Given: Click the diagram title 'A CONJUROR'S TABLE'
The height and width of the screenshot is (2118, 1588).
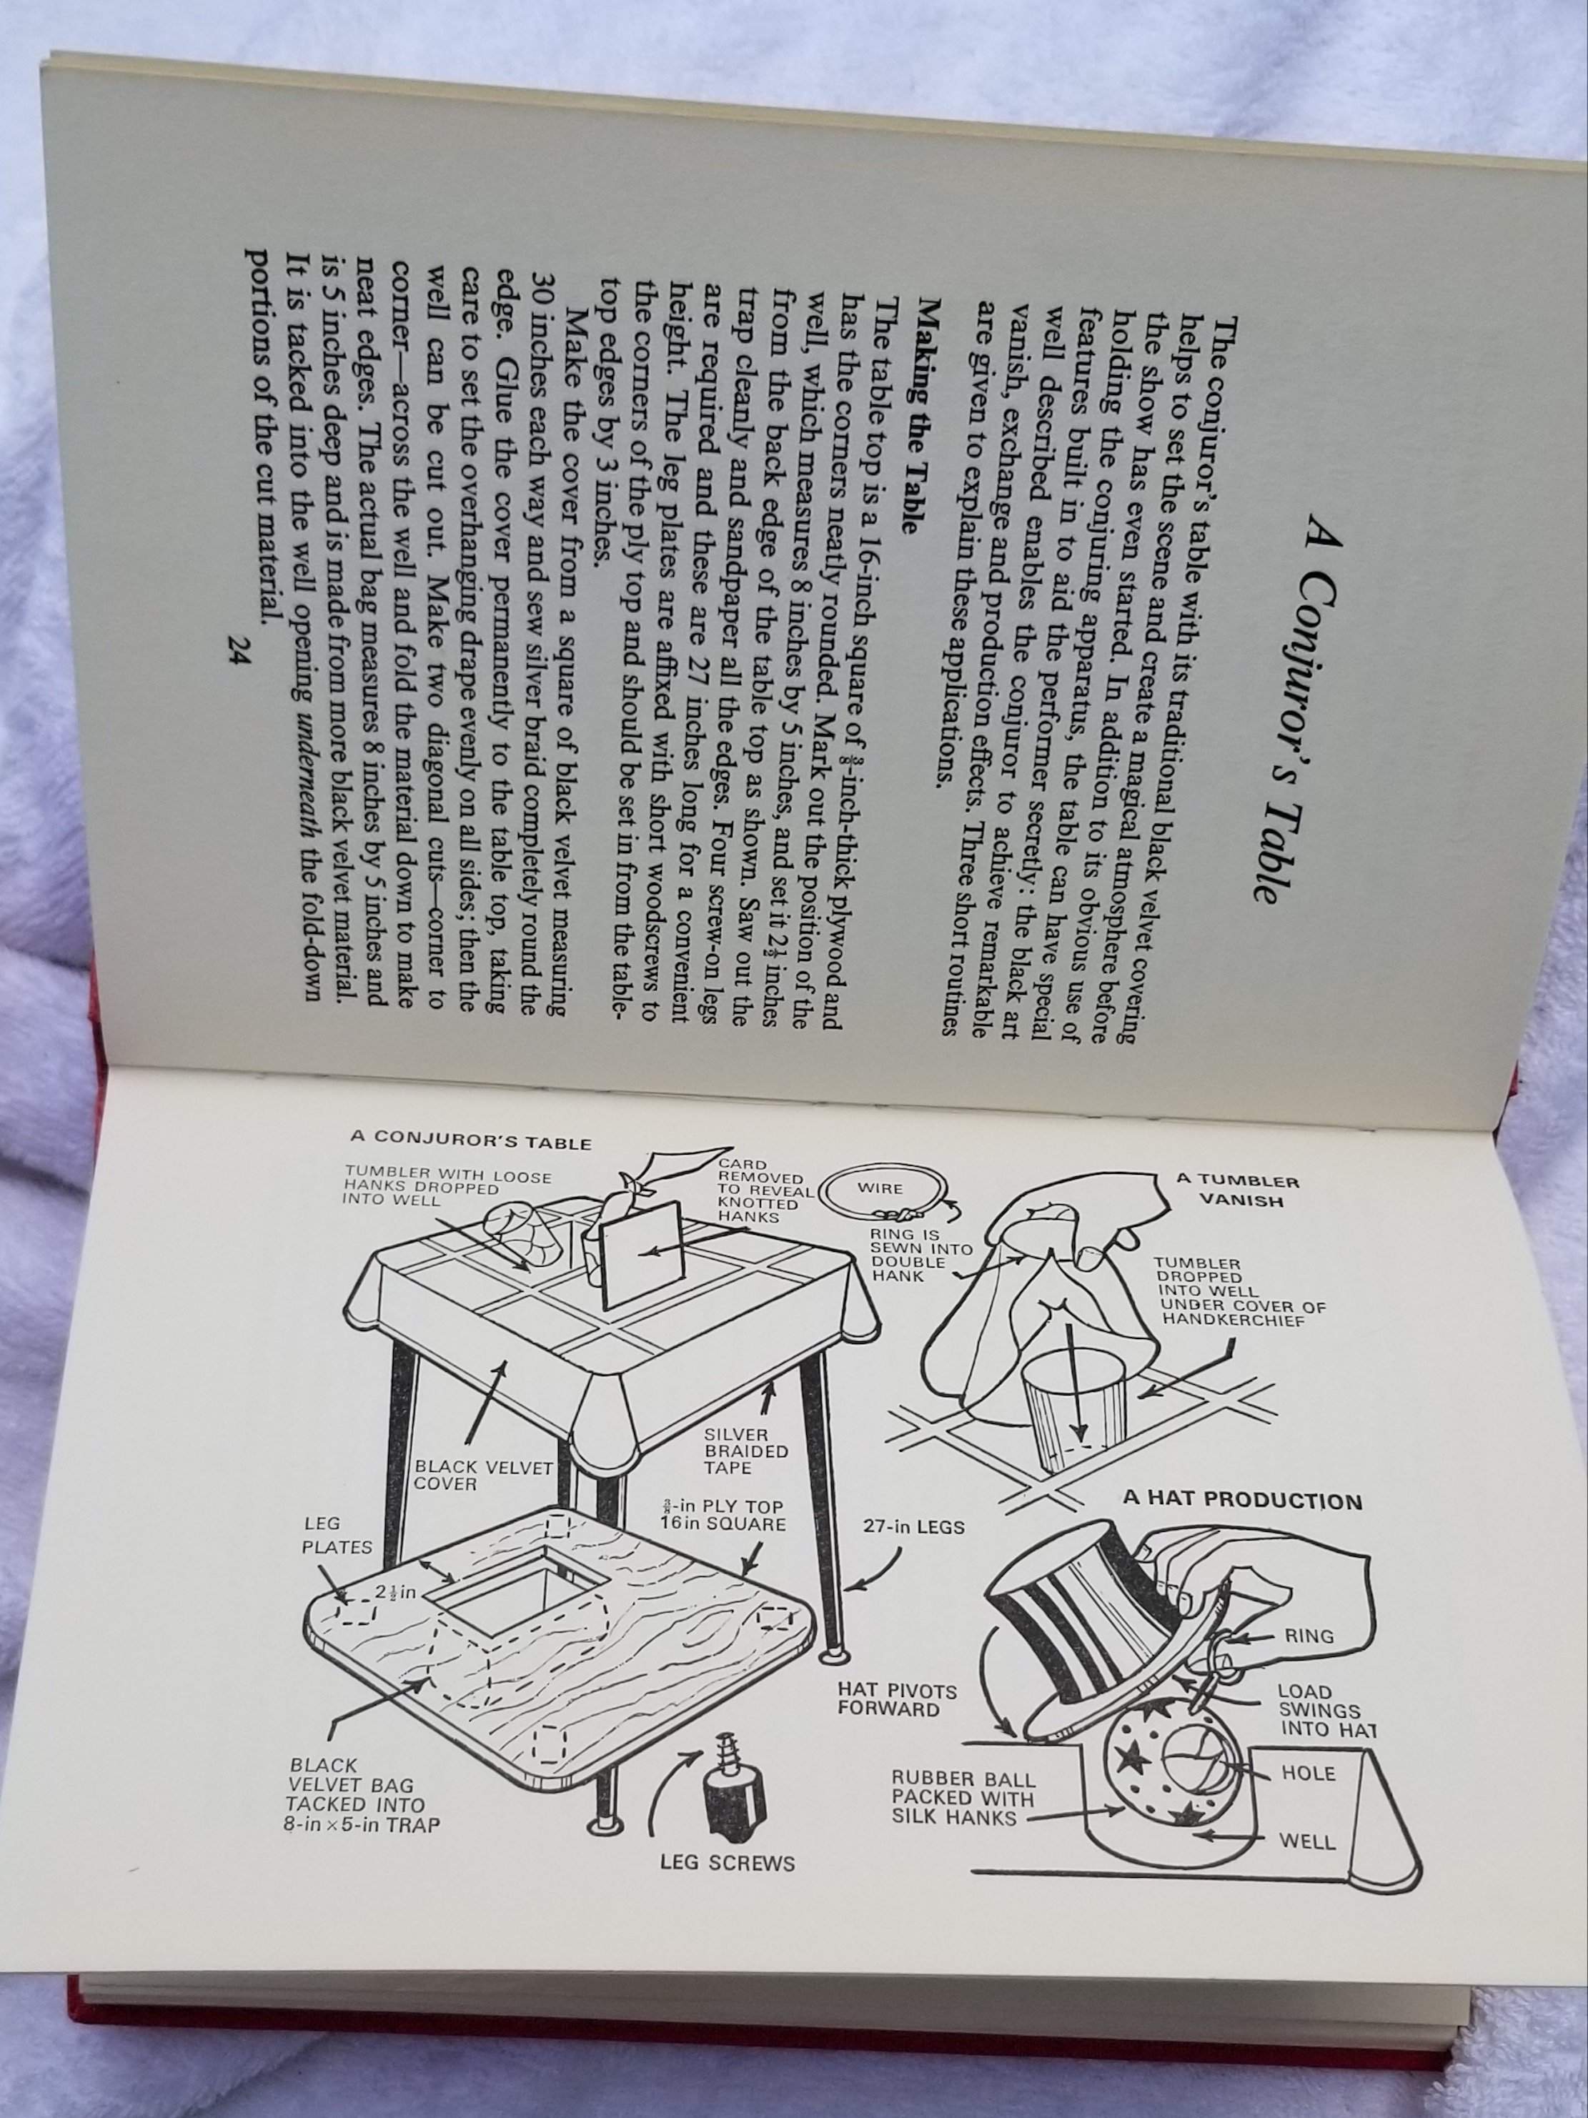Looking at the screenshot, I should coord(470,1141).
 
